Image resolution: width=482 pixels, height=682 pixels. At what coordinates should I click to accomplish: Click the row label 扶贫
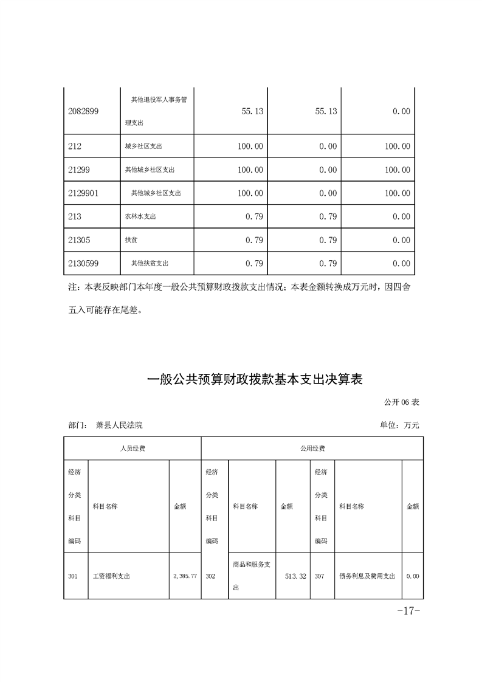131,240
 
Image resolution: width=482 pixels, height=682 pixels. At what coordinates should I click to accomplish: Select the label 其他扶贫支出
150,263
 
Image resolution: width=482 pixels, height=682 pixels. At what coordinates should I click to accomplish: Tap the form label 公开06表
402,402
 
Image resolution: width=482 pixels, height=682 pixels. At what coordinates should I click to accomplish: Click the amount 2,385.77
185,576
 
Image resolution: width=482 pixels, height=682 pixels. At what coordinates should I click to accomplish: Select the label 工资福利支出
111,576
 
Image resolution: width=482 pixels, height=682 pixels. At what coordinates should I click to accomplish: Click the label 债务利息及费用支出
367,576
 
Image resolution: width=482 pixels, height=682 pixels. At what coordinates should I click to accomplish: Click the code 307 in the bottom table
320,576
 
